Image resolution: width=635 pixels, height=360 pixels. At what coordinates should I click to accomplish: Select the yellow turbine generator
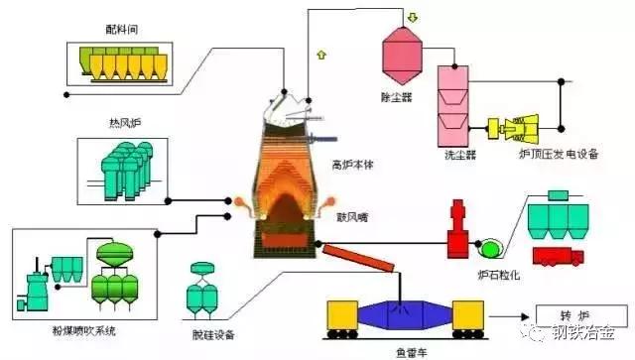point(519,128)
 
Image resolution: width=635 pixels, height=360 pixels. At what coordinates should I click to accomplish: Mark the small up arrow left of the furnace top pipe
point(319,53)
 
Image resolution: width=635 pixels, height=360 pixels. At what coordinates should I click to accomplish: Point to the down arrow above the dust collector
point(411,18)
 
